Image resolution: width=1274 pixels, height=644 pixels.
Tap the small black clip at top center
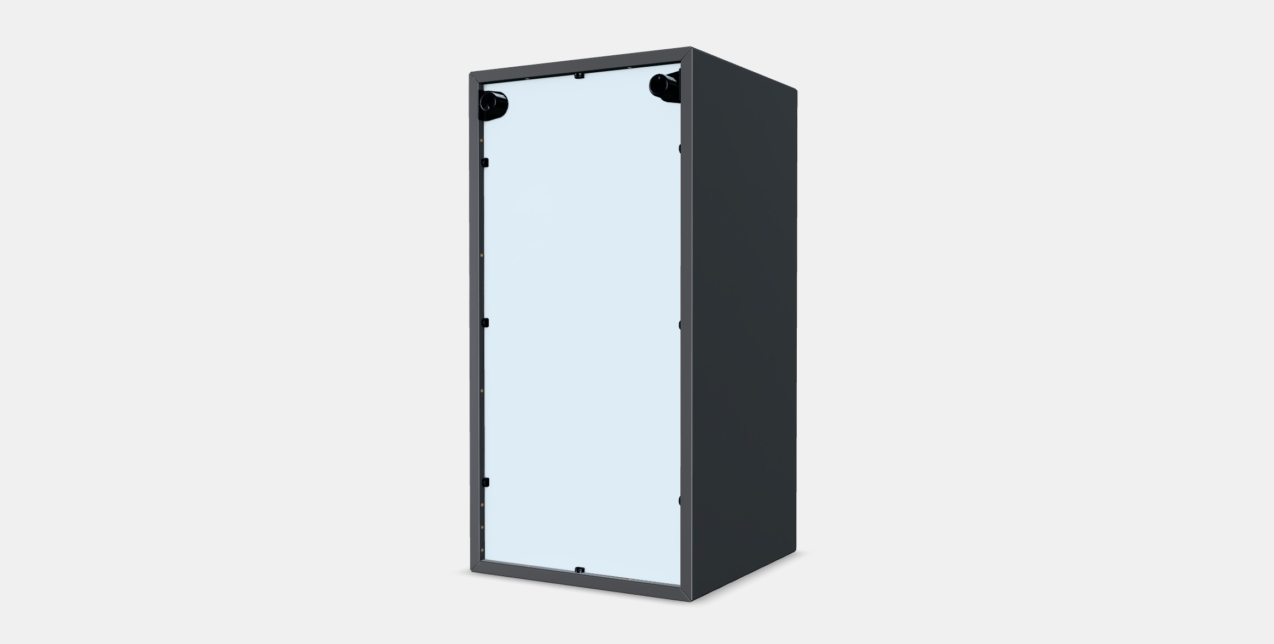pos(578,76)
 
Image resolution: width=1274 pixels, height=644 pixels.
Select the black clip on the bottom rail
pos(580,570)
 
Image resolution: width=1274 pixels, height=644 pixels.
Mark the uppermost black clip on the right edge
pos(680,148)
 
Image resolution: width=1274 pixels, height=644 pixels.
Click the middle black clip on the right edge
pos(680,324)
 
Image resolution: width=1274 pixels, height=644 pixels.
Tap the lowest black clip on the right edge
pos(680,500)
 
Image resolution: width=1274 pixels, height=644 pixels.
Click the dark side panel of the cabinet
pos(744,323)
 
